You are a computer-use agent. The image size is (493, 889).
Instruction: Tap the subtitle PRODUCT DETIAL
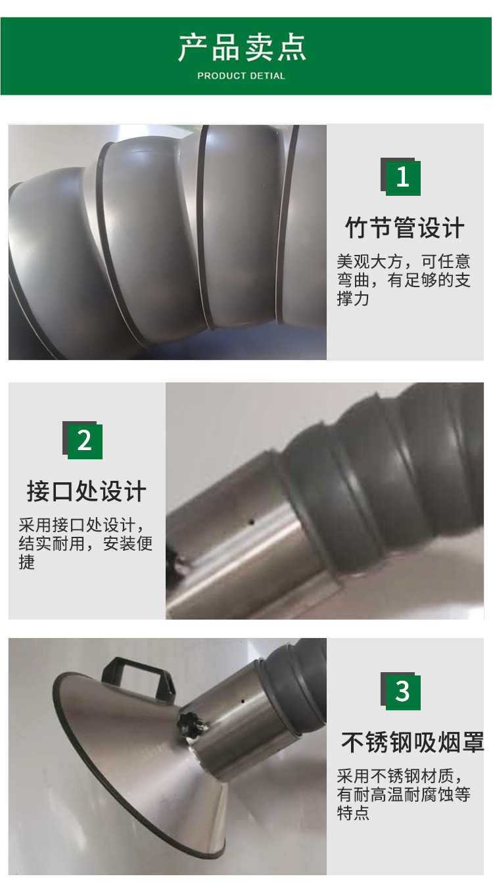point(241,76)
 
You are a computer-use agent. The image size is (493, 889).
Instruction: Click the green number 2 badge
point(85,441)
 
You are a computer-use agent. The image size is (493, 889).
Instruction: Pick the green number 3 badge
point(402,691)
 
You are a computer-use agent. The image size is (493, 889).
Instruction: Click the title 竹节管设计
point(405,228)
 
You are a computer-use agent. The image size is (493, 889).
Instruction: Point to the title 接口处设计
point(86,491)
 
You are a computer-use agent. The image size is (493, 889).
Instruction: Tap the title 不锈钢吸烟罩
point(412,742)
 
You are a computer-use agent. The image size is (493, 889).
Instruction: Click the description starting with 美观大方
point(404,280)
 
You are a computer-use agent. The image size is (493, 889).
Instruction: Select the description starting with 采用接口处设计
point(85,544)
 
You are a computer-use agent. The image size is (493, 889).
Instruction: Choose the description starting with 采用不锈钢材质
point(404,794)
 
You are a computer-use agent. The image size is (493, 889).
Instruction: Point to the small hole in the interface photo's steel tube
point(250,524)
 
